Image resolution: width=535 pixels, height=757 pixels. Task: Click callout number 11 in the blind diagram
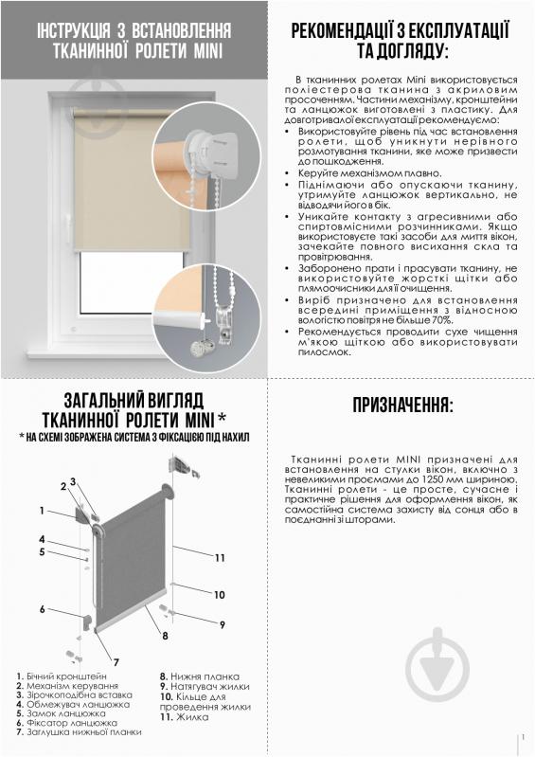[x=219, y=556]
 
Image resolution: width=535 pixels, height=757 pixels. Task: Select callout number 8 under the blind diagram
[x=165, y=635]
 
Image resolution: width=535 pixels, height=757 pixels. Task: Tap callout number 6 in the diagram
[x=43, y=608]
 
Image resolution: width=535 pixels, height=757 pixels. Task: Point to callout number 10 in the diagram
[x=219, y=595]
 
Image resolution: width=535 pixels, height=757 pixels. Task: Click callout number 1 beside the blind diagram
[x=43, y=511]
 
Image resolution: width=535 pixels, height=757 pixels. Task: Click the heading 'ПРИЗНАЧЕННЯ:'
[x=402, y=406]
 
